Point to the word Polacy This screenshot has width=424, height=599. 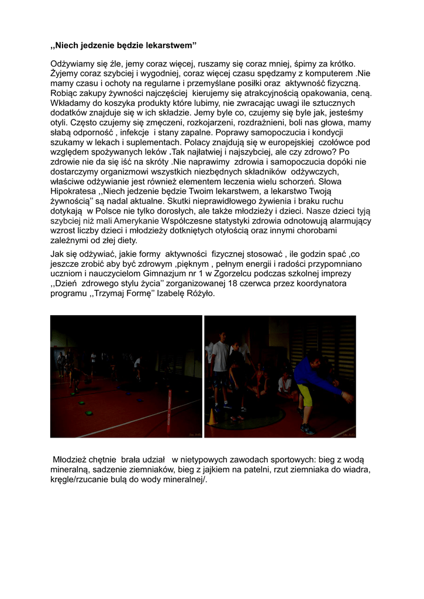pyautogui.click(x=199, y=142)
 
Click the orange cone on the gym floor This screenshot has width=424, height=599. pyautogui.click(x=212, y=416)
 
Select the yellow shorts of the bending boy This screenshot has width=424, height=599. pyautogui.click(x=304, y=395)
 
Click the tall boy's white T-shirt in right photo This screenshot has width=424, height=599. pyautogui.click(x=221, y=357)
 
